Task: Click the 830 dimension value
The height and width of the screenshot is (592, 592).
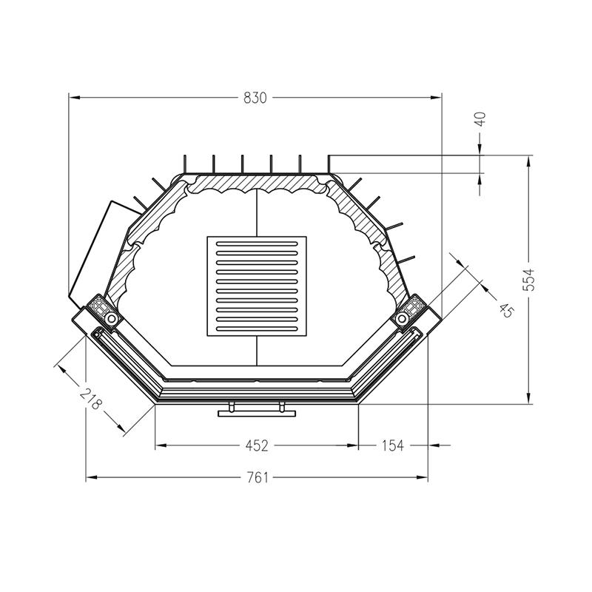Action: point(255,98)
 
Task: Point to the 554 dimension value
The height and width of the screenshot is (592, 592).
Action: point(530,280)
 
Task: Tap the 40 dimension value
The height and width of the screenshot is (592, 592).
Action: point(480,119)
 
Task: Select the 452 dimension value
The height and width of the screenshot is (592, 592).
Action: point(257,445)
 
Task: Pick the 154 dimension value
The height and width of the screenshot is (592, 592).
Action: point(392,445)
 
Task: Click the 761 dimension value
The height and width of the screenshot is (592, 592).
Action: point(258,477)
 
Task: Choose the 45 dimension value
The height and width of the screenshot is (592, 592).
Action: point(506,311)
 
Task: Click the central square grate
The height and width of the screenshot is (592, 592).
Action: point(257,286)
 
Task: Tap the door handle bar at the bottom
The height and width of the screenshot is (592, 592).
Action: point(257,414)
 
